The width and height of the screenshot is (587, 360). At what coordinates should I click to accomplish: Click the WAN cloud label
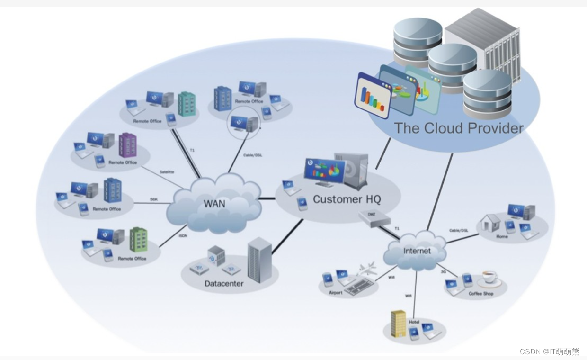click(214, 204)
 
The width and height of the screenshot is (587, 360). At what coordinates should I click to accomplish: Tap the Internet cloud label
click(417, 251)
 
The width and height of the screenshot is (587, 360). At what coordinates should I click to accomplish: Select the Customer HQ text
click(347, 199)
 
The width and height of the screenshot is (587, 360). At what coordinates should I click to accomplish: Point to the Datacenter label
click(224, 284)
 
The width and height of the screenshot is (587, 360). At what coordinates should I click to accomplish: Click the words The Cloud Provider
click(459, 128)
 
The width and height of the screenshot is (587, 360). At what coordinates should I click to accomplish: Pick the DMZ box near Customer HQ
click(374, 218)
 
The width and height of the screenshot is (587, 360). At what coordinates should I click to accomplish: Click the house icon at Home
click(490, 222)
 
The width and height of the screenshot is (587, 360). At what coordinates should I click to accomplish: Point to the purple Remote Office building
click(127, 145)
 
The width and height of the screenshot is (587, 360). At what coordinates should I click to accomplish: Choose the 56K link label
click(153, 199)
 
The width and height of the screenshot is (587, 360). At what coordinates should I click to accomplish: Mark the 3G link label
click(443, 271)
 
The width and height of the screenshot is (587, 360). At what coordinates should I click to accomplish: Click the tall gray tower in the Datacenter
click(259, 260)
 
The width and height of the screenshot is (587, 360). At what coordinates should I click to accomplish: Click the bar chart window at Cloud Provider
click(373, 95)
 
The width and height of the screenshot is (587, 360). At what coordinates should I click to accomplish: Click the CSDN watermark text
click(549, 351)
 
